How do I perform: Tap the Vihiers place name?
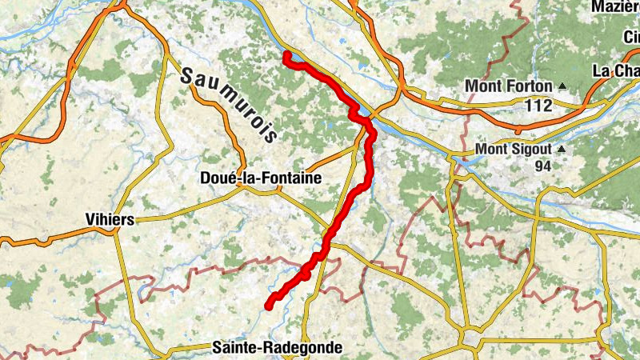110,218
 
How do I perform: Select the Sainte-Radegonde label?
277,348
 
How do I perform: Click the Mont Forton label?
510,86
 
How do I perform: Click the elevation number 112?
539,105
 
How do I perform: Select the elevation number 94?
544,166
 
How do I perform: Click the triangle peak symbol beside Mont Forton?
562,86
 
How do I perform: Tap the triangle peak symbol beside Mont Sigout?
562,149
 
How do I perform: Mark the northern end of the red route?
286,54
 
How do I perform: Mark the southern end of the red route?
270,305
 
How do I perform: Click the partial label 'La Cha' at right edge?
615,71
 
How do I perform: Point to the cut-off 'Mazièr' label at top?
615,6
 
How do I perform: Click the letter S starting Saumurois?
189,77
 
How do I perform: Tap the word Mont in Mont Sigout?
491,149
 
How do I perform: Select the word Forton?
529,86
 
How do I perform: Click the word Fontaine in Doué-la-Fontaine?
292,179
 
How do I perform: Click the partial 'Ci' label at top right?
633,38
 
